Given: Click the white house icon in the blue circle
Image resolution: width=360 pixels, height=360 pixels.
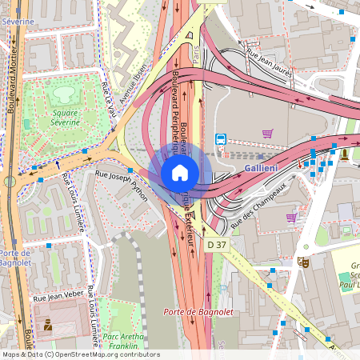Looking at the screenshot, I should point(180,172).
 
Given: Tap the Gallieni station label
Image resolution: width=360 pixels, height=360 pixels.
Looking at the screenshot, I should point(261,168).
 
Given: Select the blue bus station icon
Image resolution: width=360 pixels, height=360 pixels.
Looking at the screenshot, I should point(221,139).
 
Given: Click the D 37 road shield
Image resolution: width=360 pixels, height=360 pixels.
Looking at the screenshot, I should point(217,244).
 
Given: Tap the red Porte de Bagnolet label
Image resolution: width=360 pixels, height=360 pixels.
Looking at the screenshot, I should point(191,311).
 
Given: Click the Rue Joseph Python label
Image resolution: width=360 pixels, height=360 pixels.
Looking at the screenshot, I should point(122,178).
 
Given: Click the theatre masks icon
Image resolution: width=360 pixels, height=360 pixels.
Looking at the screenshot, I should point(303,261).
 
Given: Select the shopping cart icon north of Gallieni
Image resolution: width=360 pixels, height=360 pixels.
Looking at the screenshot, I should point(267,134).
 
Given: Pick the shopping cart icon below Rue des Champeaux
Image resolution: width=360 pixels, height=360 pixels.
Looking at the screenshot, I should point(291,217).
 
